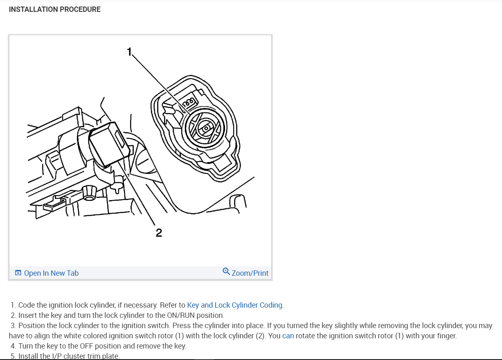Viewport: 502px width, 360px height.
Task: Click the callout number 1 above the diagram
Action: point(129,52)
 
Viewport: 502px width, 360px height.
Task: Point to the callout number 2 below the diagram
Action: point(159,233)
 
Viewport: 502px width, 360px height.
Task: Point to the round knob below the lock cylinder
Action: point(88,192)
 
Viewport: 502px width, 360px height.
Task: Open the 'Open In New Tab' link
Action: point(51,273)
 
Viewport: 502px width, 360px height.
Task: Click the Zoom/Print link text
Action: point(250,273)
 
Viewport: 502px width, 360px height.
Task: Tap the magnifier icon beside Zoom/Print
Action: point(226,272)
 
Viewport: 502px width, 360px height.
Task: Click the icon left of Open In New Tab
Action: point(18,273)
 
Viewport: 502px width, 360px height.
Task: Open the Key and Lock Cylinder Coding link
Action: point(234,305)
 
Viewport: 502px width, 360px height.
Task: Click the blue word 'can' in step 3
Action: point(288,336)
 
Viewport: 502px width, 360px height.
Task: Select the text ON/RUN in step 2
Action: point(209,316)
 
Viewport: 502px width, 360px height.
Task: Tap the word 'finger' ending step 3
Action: point(445,336)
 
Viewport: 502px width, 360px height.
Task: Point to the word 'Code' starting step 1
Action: point(26,305)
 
